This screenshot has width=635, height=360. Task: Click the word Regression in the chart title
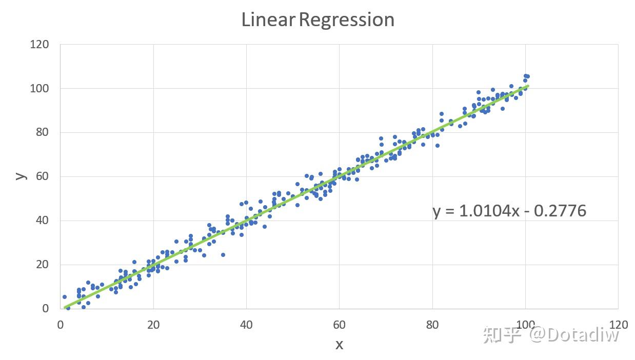(347, 21)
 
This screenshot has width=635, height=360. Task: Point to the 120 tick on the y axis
(39, 45)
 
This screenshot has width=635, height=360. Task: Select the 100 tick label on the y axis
(39, 89)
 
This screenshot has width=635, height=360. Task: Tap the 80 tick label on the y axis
(42, 132)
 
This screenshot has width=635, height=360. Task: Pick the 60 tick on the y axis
(42, 176)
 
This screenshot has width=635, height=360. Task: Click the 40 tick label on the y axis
(42, 221)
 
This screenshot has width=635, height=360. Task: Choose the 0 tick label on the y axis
(46, 309)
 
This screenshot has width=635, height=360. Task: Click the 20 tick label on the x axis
(153, 325)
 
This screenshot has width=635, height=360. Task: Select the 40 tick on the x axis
(246, 325)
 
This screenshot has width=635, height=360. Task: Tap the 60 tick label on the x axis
(339, 325)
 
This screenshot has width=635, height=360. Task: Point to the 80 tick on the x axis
(432, 325)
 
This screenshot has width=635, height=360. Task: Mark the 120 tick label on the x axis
(618, 325)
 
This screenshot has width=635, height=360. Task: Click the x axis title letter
(339, 345)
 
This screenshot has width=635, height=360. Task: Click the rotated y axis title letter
(21, 175)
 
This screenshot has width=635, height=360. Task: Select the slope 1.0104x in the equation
(486, 211)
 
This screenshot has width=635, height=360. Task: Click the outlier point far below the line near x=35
(223, 255)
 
